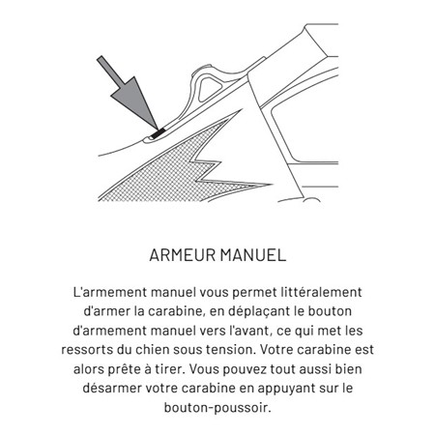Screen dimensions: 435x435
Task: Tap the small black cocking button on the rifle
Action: tap(154, 130)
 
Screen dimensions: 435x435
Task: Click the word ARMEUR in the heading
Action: tap(185, 257)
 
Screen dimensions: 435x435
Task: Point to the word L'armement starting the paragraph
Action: tap(110, 291)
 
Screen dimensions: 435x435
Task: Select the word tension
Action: tap(243, 349)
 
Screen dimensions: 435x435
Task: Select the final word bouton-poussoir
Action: tap(217, 407)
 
